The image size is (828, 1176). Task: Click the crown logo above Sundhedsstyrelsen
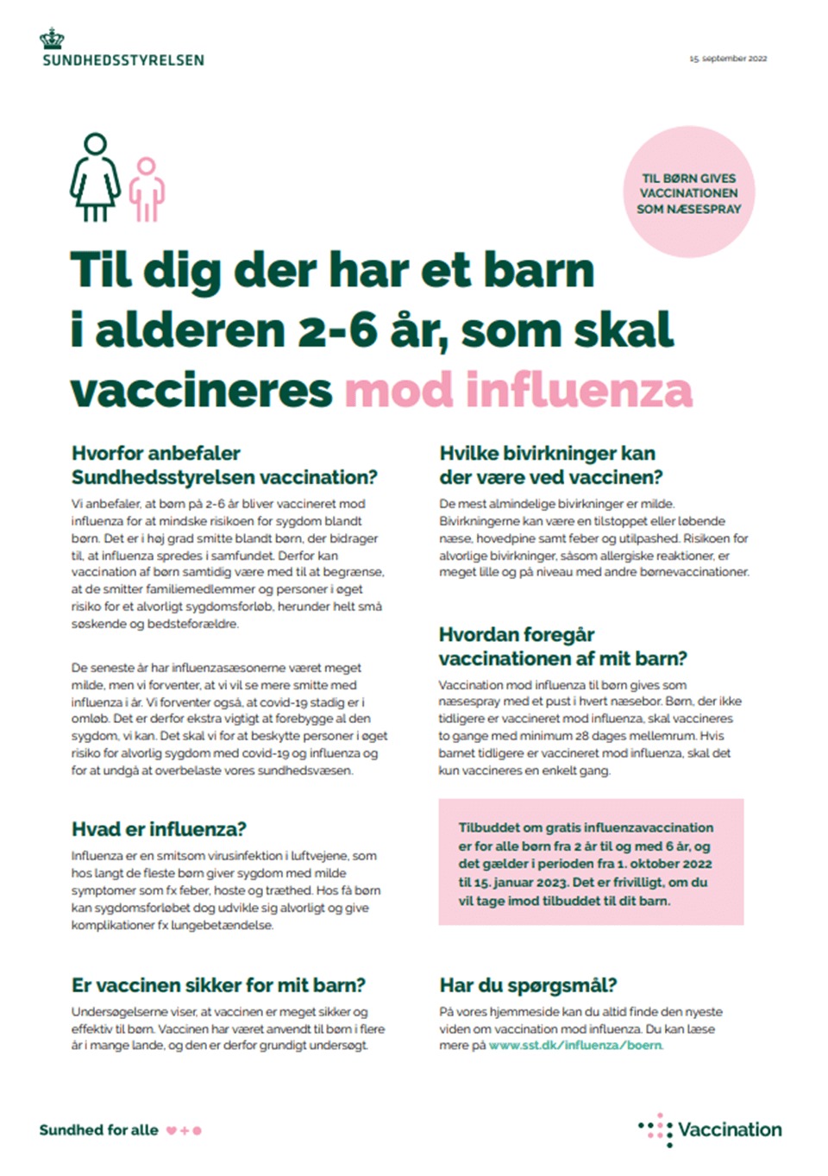[52, 38]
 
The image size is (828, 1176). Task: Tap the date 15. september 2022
[728, 59]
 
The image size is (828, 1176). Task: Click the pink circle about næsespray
[688, 192]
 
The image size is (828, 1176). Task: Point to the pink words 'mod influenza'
[518, 390]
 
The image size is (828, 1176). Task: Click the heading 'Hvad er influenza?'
[159, 829]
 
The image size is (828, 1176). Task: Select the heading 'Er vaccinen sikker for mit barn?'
[218, 985]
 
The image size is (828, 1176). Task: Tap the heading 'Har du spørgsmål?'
[528, 985]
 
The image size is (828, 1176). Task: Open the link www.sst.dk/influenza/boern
[575, 1046]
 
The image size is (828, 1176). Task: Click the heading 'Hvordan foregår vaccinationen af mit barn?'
[562, 647]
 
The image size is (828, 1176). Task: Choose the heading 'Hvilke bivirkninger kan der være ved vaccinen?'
[550, 465]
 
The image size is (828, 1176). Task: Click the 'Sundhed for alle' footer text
[98, 1130]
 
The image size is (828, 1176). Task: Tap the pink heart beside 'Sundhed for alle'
[172, 1130]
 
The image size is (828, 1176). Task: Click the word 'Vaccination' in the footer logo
[730, 1129]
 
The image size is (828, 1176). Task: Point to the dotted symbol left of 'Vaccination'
[656, 1129]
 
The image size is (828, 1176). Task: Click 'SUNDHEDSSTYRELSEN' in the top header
[123, 60]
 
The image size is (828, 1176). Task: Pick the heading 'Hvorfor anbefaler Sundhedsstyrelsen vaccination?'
[224, 465]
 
